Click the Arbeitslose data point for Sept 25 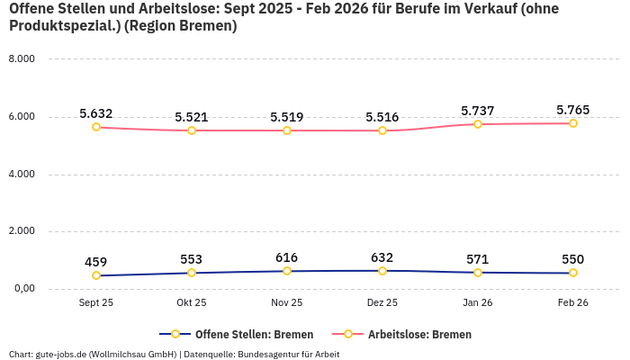tap(96, 127)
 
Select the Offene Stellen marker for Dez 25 tap(382, 271)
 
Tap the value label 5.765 tap(572, 111)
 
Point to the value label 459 tap(96, 262)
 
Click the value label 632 tap(382, 257)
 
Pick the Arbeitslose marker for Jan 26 tap(478, 124)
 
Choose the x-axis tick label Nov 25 tap(287, 303)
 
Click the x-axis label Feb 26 tap(572, 303)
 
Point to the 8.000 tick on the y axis tap(21, 58)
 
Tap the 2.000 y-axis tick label tap(21, 231)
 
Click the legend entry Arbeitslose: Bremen tap(418, 334)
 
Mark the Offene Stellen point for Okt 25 tap(192, 273)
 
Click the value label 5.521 tap(192, 117)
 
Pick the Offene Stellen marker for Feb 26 tap(572, 273)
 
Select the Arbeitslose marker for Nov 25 tap(287, 130)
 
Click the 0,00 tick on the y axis tap(22, 289)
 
